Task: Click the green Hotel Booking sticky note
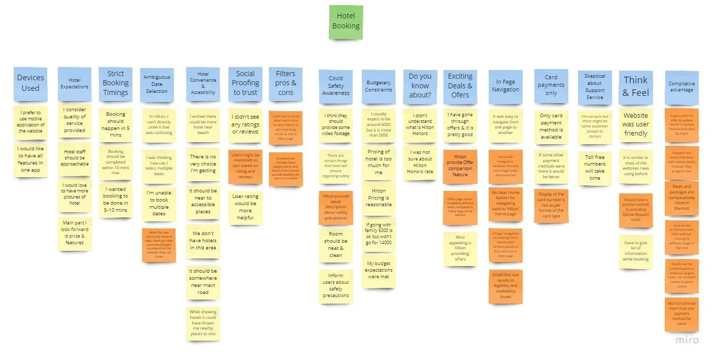click(346, 22)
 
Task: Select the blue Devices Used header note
click(30, 83)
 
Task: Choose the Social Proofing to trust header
click(245, 83)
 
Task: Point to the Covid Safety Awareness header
click(335, 86)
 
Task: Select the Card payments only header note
click(551, 85)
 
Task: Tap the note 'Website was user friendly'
click(635, 124)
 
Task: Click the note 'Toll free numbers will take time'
click(594, 167)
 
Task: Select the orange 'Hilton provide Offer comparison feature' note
click(460, 167)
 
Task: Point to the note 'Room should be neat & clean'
click(335, 245)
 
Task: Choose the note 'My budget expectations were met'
click(378, 271)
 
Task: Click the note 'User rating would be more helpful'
click(245, 207)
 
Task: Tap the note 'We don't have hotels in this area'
click(202, 241)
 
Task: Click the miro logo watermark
click(687, 340)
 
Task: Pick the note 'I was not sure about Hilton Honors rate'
click(420, 161)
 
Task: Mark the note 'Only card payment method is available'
click(551, 126)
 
